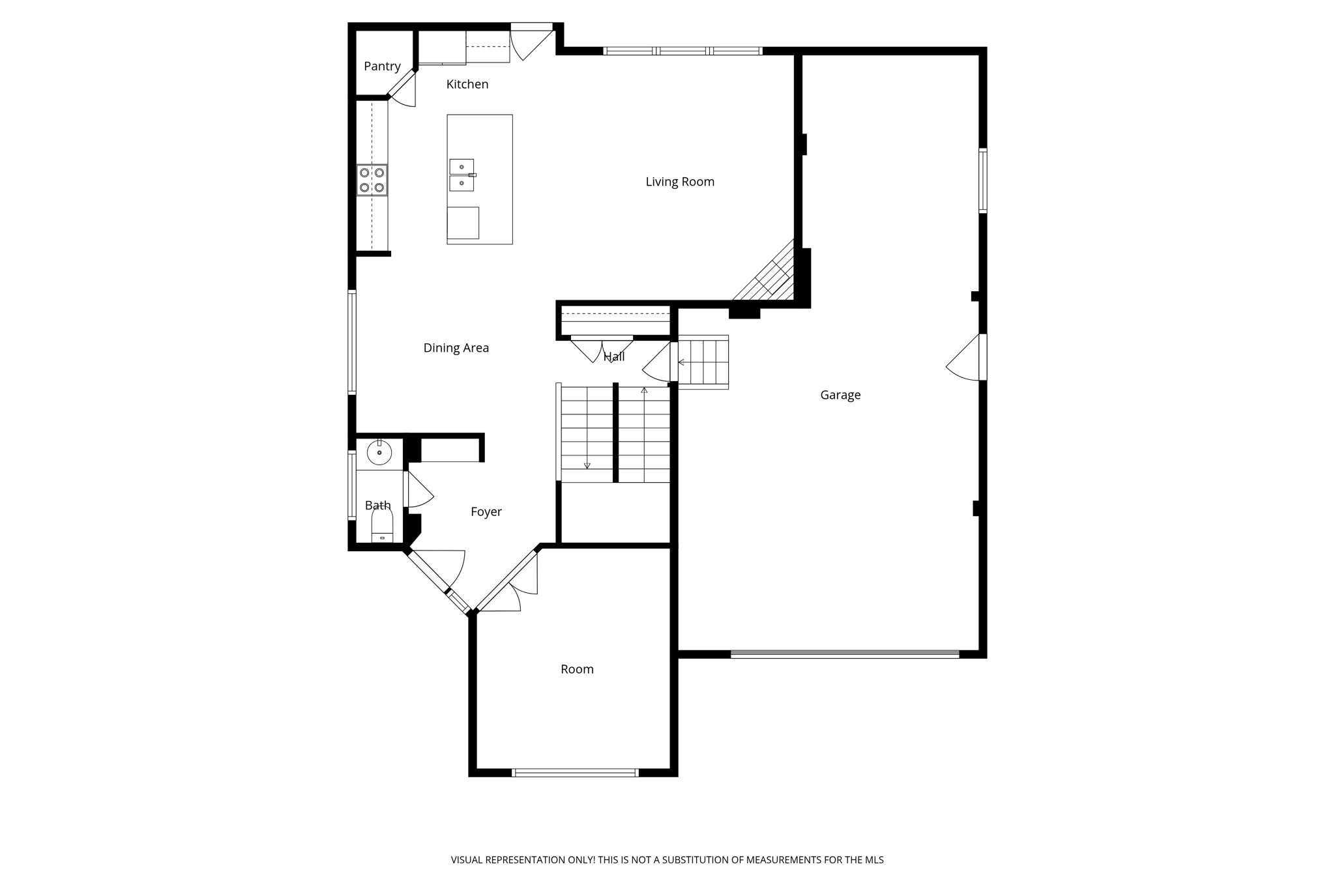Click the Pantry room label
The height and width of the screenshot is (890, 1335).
pyautogui.click(x=382, y=66)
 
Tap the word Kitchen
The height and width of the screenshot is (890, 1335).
pyautogui.click(x=467, y=84)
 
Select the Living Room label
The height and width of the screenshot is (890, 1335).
pyautogui.click(x=680, y=182)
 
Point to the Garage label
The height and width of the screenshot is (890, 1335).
pyautogui.click(x=840, y=395)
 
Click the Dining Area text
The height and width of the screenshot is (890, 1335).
pyautogui.click(x=456, y=348)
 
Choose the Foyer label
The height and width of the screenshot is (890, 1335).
pyautogui.click(x=486, y=512)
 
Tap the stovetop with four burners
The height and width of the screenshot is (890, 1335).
pyautogui.click(x=372, y=180)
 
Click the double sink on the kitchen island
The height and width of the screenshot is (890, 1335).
pyautogui.click(x=462, y=175)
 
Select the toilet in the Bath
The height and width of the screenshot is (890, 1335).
pyautogui.click(x=382, y=525)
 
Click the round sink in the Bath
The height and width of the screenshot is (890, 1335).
pyautogui.click(x=379, y=452)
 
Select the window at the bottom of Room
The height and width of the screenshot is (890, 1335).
pyautogui.click(x=575, y=773)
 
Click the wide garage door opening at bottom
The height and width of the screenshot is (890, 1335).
pyautogui.click(x=844, y=654)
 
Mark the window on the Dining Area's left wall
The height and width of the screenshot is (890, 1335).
pyautogui.click(x=352, y=342)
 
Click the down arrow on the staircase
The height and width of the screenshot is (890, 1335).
pyautogui.click(x=587, y=465)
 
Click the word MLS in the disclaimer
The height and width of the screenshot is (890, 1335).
pyautogui.click(x=874, y=860)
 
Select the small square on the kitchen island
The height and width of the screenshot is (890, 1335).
pyautogui.click(x=463, y=223)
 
